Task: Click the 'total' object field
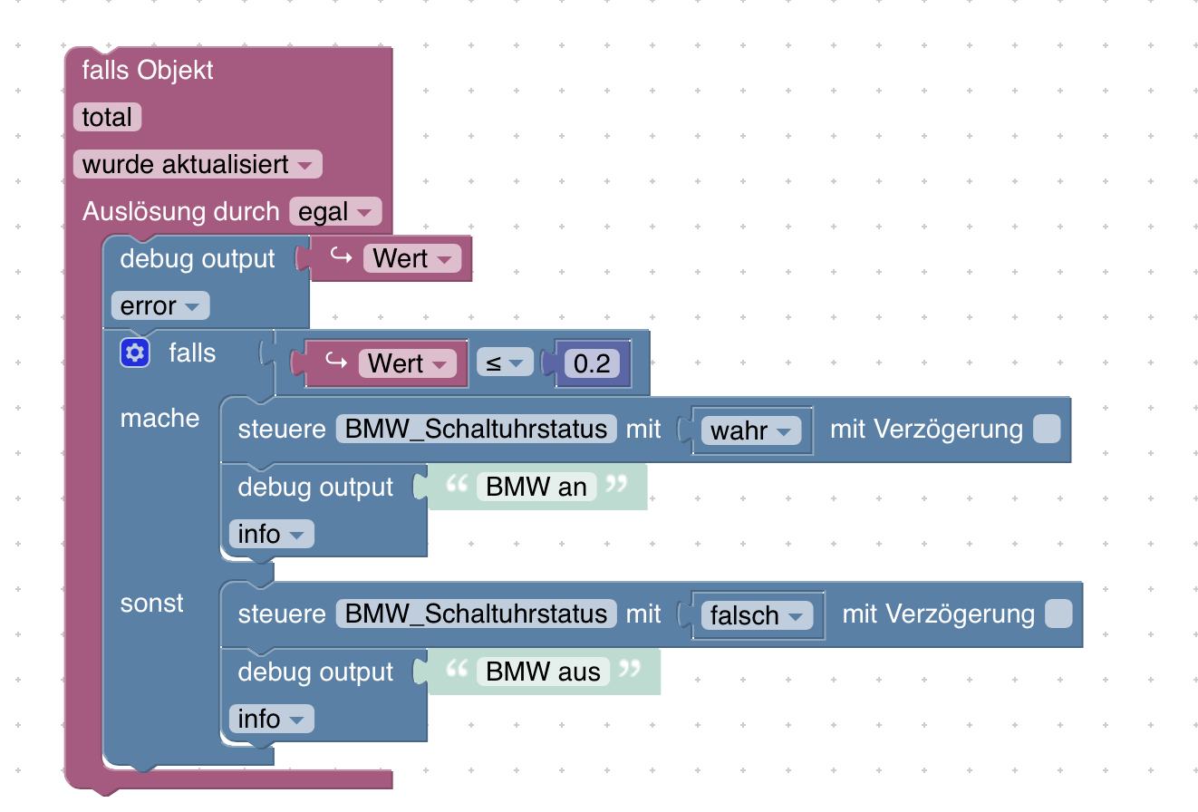[107, 118]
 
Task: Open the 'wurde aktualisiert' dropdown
[198, 165]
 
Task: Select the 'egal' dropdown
[335, 212]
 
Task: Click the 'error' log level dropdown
[160, 306]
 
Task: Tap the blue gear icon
[134, 353]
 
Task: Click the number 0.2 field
[592, 364]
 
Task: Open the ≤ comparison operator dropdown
[506, 364]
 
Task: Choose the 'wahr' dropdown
[751, 430]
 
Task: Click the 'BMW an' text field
[536, 488]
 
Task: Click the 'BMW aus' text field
[543, 672]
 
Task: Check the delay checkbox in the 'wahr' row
[1047, 430]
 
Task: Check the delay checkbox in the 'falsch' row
[1058, 614]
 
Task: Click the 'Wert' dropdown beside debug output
[412, 259]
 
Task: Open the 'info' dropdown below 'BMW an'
[271, 535]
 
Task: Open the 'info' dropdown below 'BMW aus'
[271, 720]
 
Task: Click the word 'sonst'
[152, 604]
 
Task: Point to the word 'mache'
[159, 419]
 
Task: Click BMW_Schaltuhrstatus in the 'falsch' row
[476, 614]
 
